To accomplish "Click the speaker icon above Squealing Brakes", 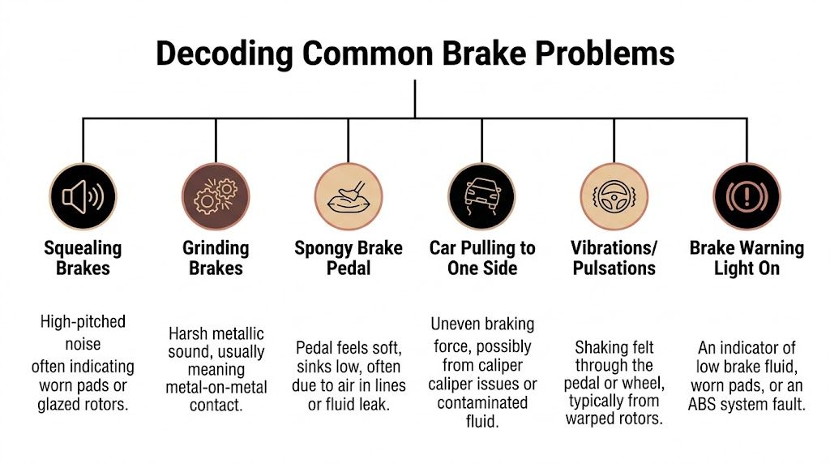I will pyautogui.click(x=83, y=198).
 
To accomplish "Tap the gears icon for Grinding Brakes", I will pyautogui.click(x=215, y=198).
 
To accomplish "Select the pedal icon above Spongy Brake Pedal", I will pyautogui.click(x=348, y=198).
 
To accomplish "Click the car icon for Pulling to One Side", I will pyautogui.click(x=481, y=198).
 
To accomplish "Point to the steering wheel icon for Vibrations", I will pyautogui.click(x=614, y=198).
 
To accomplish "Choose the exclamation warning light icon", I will pyautogui.click(x=746, y=198).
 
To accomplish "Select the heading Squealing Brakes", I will pyautogui.click(x=83, y=258).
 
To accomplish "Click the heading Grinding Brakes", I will pyautogui.click(x=216, y=258).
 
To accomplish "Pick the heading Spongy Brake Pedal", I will pyautogui.click(x=348, y=258).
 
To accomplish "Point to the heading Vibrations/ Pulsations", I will pyautogui.click(x=614, y=258).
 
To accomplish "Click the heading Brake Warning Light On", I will pyautogui.click(x=747, y=258).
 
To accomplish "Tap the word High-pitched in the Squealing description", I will pyautogui.click(x=83, y=322).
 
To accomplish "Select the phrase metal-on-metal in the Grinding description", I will pyautogui.click(x=216, y=387).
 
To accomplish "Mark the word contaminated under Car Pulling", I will pyautogui.click(x=482, y=403).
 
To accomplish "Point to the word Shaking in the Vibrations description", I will pyautogui.click(x=603, y=348).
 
